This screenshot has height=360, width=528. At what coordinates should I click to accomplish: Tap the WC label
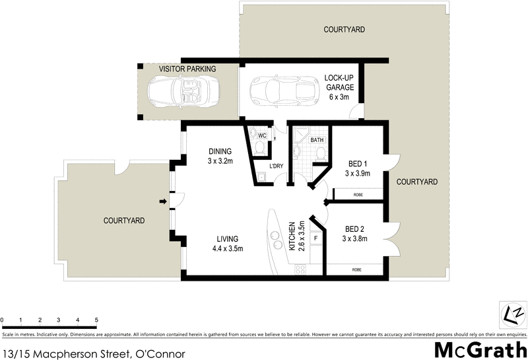coord(261,135)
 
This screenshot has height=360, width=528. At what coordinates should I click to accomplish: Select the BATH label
coord(317,140)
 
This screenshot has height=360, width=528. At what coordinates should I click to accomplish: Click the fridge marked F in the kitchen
coord(315,237)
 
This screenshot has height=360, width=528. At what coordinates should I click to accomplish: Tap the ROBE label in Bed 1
coord(357,195)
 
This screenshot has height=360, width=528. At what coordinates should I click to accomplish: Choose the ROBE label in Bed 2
coord(357,270)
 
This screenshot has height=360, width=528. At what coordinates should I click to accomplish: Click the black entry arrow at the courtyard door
coord(162,201)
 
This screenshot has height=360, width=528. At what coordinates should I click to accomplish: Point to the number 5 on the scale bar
coord(97,320)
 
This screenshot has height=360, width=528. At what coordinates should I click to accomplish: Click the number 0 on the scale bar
coord(3,320)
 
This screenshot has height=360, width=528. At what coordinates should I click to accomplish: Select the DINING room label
coord(220,151)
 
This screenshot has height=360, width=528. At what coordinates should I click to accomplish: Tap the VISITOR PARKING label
coord(187,69)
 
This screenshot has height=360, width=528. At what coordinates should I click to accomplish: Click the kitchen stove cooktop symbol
coord(301,270)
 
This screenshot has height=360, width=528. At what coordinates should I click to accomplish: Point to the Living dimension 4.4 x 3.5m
coord(228,248)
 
